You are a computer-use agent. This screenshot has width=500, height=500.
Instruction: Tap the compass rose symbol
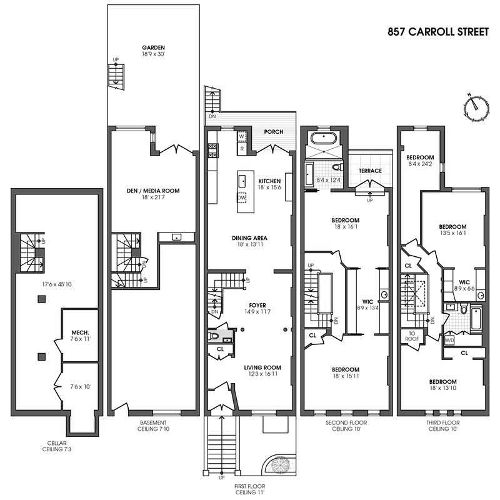coord(476,106)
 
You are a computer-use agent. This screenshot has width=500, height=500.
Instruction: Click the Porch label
coord(274,132)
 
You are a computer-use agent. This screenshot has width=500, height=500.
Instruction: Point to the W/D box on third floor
coord(449,341)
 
